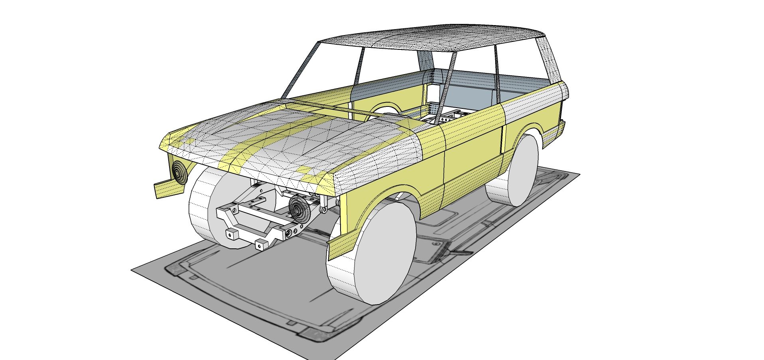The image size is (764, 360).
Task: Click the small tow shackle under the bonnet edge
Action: click(x=324, y=208)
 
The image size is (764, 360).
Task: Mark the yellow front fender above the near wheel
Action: click(x=379, y=187)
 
